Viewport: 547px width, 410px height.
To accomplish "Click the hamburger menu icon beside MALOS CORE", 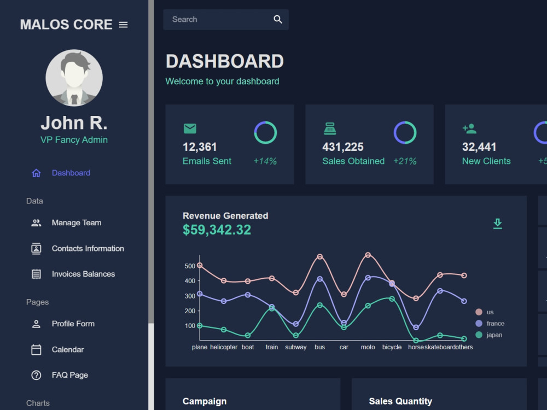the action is pos(123,25).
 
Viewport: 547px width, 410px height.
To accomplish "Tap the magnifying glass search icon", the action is pos(278,20).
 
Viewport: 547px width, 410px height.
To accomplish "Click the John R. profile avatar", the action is pos(74,78).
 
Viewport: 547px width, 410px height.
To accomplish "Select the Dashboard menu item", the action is pos(71,173).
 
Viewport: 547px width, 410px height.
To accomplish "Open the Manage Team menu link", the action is pos(77,223).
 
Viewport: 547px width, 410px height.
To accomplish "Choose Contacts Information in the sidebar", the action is pos(88,249).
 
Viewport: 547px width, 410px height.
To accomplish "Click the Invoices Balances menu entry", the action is pos(83,274).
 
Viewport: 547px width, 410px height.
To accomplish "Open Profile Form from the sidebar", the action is pos(73,324).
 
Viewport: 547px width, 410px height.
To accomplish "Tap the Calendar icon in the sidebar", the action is pos(36,350).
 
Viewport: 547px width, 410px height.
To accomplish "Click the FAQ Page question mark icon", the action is pos(36,375).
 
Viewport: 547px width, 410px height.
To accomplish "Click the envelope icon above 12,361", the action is pos(190,128).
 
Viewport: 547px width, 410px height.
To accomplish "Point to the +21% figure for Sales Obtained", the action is pos(405,161).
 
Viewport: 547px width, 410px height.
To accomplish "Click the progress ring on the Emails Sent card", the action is pos(265,122).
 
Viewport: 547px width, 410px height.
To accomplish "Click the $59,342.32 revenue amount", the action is pos(217,230).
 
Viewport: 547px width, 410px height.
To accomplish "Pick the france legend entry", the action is pos(490,324).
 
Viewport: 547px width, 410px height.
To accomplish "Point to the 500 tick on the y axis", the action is pos(190,266).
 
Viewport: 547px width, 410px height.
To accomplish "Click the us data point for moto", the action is pos(368,255).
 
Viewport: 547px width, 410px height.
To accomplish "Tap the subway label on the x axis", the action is pos(296,347).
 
